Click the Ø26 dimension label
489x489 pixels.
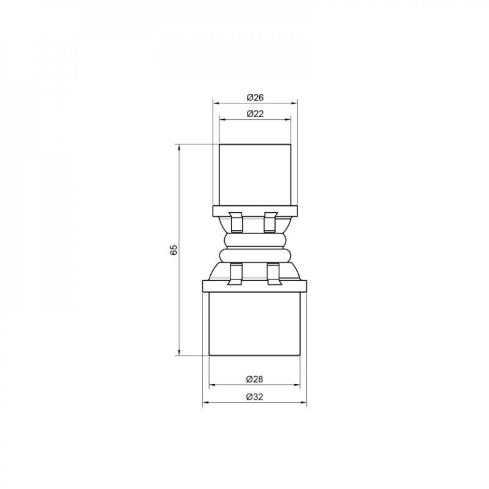255,97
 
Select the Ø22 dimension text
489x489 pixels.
255,113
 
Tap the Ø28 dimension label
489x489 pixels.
255,379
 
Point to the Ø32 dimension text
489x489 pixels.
255,397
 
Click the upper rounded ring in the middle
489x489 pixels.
254,241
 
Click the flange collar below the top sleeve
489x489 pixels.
254,211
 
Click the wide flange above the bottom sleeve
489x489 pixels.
254,287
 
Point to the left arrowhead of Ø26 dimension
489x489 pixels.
215,103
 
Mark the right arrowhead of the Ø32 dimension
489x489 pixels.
304,402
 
